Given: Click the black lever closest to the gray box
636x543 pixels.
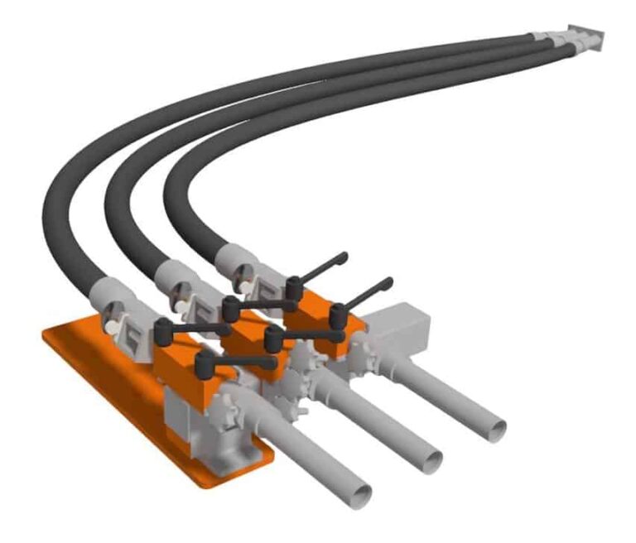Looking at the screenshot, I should tap(364, 298).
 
